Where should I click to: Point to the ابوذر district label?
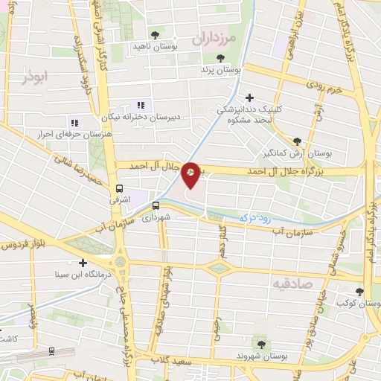[34, 77]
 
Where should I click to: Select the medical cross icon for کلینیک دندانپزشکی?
[249, 97]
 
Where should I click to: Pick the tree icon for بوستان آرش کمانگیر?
[297, 141]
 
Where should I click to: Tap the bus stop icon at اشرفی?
[120, 188]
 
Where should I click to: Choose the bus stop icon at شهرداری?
[156, 206]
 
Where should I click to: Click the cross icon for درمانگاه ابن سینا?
[82, 262]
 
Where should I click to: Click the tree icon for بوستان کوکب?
[360, 292]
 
